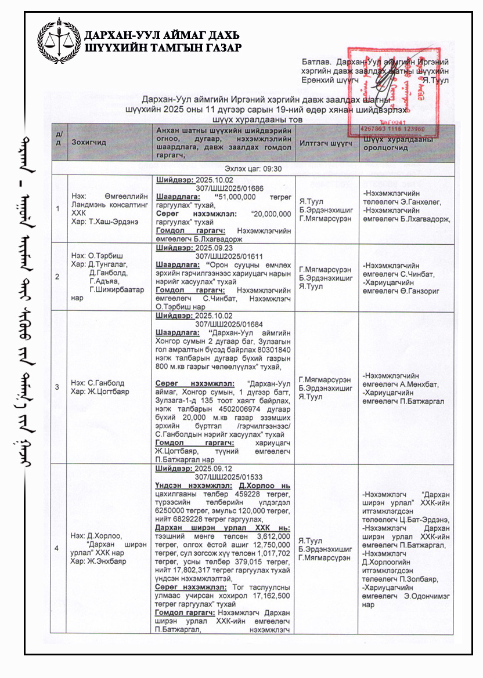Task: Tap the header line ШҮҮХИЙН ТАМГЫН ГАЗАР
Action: pyautogui.click(x=163, y=48)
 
